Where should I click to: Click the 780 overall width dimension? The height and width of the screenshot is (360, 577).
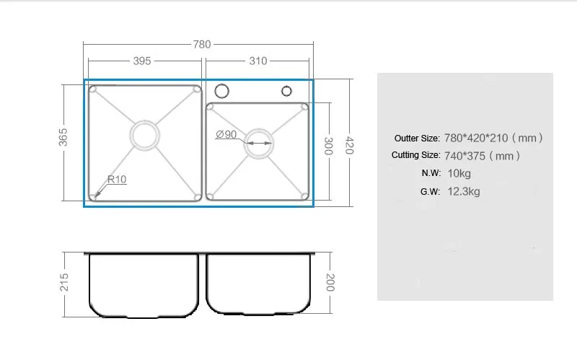click(202, 44)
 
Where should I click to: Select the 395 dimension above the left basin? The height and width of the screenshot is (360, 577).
click(142, 61)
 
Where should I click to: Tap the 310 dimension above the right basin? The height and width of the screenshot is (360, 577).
click(258, 61)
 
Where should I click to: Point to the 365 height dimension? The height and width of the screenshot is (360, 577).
click(63, 138)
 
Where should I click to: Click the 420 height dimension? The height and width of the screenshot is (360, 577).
click(350, 145)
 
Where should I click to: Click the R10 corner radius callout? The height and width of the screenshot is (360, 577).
click(116, 179)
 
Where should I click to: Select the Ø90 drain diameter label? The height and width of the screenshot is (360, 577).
click(226, 134)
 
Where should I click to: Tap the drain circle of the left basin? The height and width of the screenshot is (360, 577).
click(144, 135)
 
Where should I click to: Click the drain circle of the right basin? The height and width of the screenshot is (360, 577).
click(257, 144)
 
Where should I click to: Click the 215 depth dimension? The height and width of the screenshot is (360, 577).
click(63, 281)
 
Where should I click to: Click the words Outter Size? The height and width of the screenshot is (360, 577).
click(416, 138)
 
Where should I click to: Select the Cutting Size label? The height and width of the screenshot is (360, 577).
click(415, 155)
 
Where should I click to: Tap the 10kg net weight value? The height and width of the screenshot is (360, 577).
click(459, 173)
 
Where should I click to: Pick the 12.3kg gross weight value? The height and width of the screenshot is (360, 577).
click(463, 191)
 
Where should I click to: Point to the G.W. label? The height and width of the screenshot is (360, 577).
click(430, 191)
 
